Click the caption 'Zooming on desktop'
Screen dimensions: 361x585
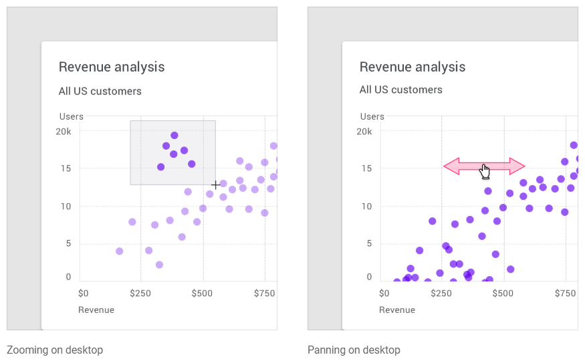click(55, 350)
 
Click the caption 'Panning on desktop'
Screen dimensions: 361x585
click(354, 350)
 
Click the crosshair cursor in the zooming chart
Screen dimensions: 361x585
click(215, 185)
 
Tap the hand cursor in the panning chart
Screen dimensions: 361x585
click(485, 171)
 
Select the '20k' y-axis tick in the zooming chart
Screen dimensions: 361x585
click(64, 132)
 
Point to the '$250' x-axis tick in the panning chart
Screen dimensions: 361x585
click(440, 293)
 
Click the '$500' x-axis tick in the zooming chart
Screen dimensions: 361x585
click(203, 293)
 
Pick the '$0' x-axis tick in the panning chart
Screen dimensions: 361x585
click(384, 293)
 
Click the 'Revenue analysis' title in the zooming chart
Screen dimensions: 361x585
click(112, 67)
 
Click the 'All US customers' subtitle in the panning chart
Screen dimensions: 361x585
click(401, 90)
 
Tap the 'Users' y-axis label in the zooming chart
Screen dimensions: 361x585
click(72, 116)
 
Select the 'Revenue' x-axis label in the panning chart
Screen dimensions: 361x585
click(397, 310)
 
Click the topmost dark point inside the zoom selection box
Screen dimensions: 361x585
click(174, 135)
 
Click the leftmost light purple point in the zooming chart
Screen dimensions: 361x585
click(119, 251)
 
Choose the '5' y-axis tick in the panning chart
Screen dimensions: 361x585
click(369, 243)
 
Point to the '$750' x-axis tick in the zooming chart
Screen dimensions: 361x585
click(265, 293)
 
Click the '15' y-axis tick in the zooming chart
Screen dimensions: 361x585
click(67, 169)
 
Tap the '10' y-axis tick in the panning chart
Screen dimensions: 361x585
click(366, 207)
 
